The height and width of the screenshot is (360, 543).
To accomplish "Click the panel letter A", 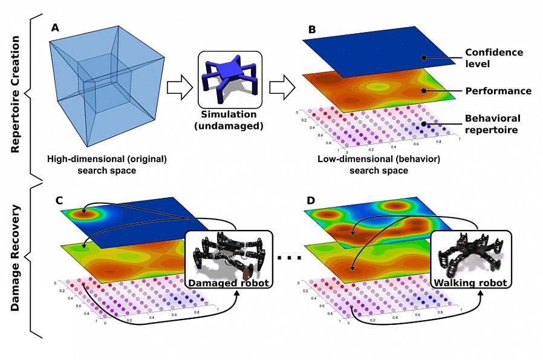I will coord(56,28).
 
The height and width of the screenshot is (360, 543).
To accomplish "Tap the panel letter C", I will coord(58,199).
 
